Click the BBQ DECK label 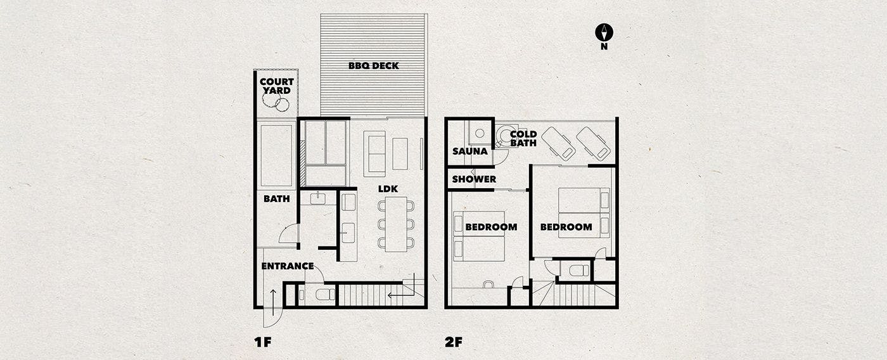[373, 66]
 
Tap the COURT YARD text [276, 86]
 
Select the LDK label [388, 189]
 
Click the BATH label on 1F [276, 198]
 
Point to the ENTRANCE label [288, 266]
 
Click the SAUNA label [470, 151]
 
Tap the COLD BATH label [523, 139]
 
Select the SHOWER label [474, 179]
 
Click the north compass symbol [604, 32]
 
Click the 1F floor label [262, 342]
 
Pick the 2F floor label [454, 342]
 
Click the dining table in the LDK [396, 224]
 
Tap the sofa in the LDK [374, 153]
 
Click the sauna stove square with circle [480, 132]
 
